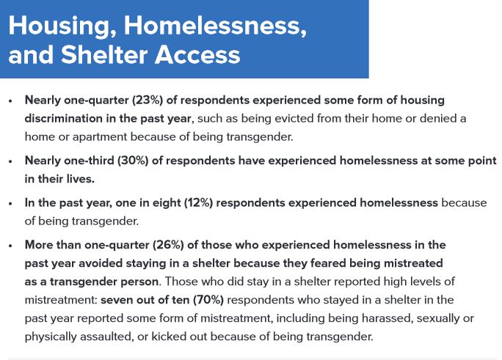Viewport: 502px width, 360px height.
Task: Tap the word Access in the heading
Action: tap(197, 55)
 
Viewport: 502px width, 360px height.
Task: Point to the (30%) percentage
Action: tap(133, 161)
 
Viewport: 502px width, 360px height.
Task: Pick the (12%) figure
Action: tap(198, 202)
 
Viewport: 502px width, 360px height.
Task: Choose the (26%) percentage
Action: tap(168, 245)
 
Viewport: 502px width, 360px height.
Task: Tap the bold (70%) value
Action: tap(208, 300)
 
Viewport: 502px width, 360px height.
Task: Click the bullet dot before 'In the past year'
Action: tap(10, 204)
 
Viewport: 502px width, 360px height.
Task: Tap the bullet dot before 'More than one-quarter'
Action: tap(10, 246)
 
